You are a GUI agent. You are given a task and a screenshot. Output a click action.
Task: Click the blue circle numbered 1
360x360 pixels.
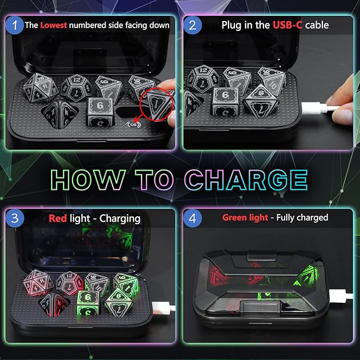(x=15, y=25)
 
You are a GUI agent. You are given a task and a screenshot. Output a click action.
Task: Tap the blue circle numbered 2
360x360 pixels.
(x=192, y=25)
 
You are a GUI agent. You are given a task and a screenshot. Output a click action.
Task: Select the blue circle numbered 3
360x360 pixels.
(x=15, y=218)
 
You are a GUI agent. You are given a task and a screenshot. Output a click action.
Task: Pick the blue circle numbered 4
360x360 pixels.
(x=192, y=218)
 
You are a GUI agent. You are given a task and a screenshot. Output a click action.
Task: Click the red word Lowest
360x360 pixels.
(x=54, y=25)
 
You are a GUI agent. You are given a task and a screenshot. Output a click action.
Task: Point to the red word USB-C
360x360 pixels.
(x=287, y=25)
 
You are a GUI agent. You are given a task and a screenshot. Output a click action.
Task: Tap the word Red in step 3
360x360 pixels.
(x=58, y=218)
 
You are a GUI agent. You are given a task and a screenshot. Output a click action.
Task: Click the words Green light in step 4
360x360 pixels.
(x=245, y=217)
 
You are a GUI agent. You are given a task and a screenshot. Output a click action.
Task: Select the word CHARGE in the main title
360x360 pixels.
(x=246, y=180)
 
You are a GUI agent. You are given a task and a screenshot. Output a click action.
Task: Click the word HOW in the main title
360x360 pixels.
(x=88, y=180)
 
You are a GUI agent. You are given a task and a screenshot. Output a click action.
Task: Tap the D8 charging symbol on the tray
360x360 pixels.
(x=134, y=125)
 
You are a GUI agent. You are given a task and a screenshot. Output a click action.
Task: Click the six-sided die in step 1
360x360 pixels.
(x=100, y=112)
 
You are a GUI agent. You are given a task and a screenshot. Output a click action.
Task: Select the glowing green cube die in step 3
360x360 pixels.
(x=88, y=303)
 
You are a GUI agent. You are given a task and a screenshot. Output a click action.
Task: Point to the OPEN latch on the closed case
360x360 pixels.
(x=260, y=308)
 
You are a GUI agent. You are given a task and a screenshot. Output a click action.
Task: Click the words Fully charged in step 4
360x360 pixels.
(x=302, y=217)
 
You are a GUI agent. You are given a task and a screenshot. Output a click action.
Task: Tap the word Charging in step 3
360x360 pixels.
(x=120, y=219)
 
